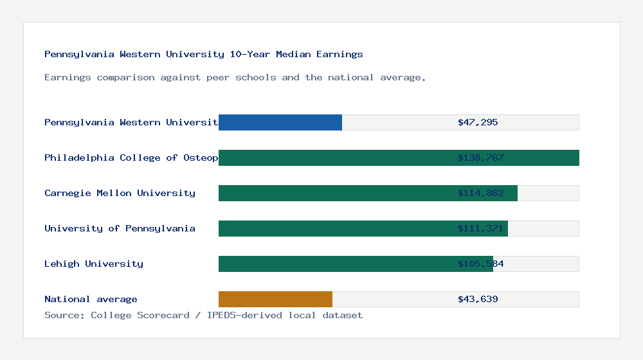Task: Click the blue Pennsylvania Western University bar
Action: tap(280, 122)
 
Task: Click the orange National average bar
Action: tap(275, 299)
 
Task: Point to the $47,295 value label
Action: tap(478, 122)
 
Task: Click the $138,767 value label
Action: tap(480, 157)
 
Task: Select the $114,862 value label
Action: tap(480, 193)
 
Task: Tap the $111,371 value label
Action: tap(480, 228)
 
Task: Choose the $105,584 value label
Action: tap(480, 264)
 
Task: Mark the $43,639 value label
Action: tap(478, 299)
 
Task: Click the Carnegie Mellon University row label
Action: tap(120, 193)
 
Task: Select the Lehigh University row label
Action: tap(94, 264)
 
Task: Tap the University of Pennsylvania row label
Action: tap(120, 228)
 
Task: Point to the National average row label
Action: tap(91, 299)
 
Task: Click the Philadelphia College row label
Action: tap(131, 157)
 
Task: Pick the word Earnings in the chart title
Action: tap(340, 54)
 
